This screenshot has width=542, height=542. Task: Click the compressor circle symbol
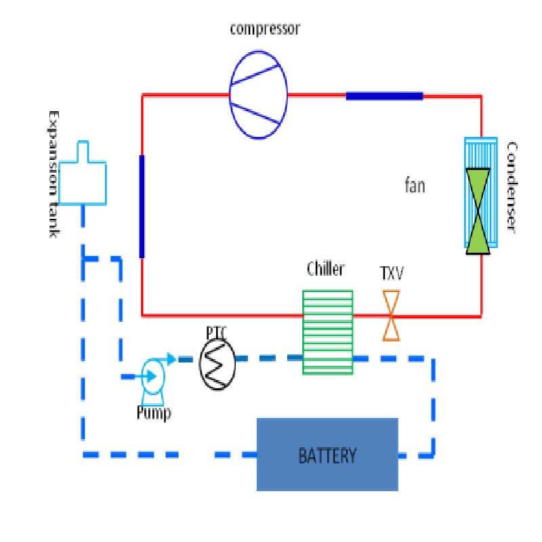257,94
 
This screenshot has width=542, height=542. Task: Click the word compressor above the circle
264,28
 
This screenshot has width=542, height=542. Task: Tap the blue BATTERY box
327,454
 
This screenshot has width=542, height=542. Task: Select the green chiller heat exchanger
327,331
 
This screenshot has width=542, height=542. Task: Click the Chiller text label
325,269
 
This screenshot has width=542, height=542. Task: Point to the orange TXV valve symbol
391,315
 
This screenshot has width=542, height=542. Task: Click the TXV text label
392,274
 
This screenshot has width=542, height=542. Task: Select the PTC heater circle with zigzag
217,364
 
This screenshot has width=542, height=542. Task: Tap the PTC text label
217,333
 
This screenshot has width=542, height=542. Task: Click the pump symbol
152,377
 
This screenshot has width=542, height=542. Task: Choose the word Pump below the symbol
154,413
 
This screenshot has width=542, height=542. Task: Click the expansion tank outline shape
82,178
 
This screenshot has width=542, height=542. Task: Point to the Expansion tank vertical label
52,174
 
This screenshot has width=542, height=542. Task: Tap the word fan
415,185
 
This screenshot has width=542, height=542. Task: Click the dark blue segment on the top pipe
384,96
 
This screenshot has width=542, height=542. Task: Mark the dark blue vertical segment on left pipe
142,207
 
